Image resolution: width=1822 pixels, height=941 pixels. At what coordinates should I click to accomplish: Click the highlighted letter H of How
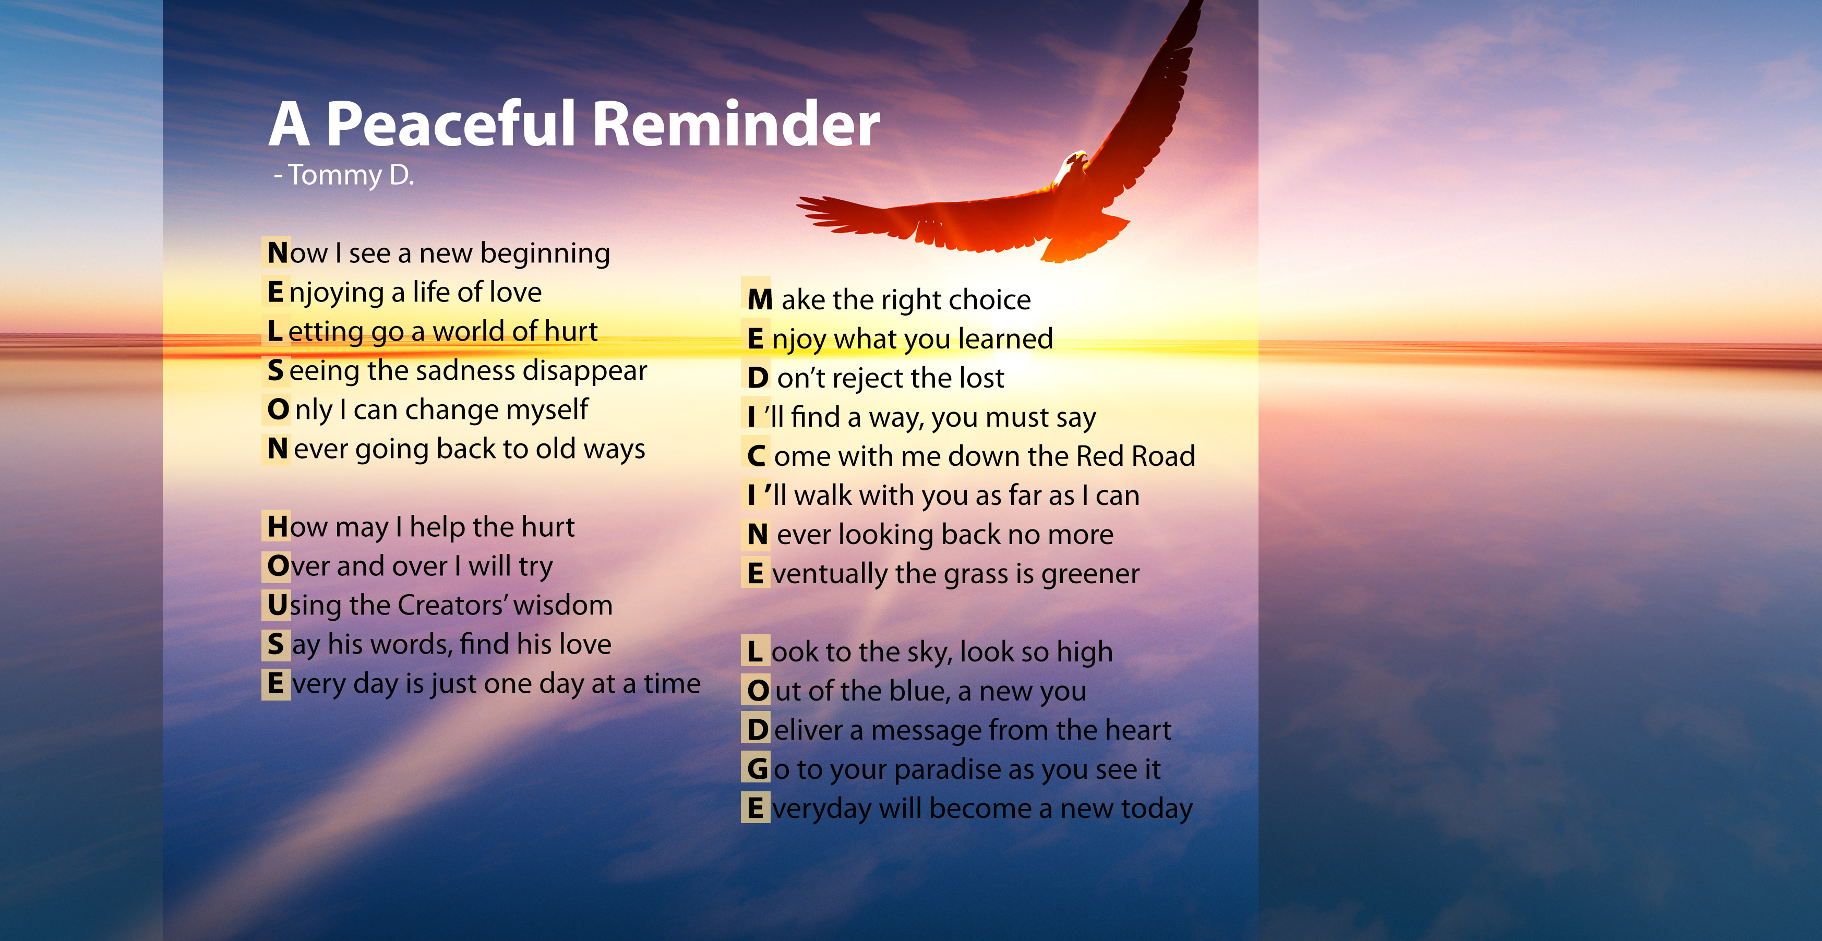[277, 527]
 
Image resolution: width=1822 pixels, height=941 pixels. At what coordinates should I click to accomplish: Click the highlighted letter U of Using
[277, 605]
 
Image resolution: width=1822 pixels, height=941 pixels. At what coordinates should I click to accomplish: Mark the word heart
[1138, 730]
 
